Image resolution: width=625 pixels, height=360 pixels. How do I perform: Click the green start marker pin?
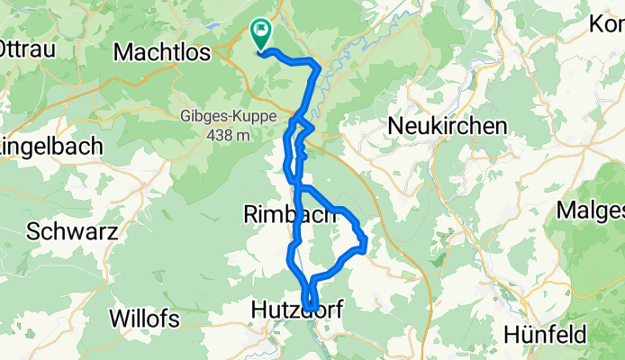point(259,33)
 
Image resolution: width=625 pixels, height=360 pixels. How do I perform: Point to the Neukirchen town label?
point(447,127)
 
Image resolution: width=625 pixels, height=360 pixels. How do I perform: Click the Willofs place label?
point(144,319)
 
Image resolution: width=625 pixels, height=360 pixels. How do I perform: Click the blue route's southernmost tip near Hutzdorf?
point(310,310)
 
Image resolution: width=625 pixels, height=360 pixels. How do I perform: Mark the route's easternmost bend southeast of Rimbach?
point(365,243)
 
